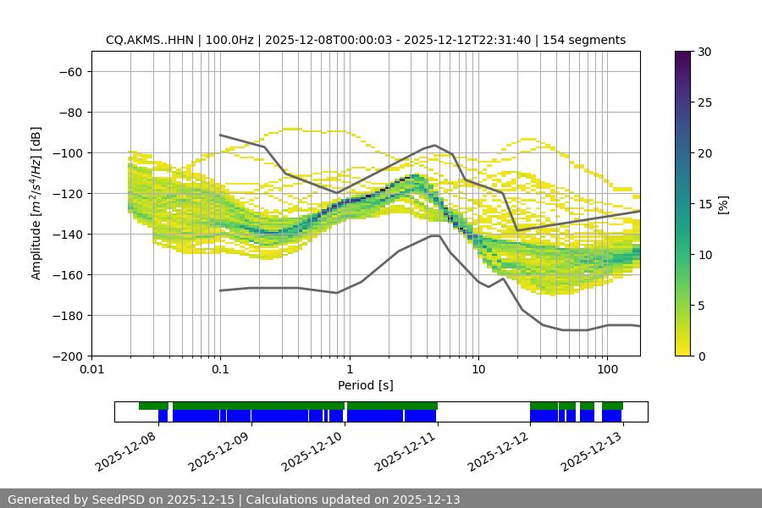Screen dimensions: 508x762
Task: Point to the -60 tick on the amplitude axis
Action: (69, 71)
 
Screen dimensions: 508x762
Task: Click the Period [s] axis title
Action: (365, 385)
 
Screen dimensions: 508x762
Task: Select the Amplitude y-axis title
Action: (36, 203)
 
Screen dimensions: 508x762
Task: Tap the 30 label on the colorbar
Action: (704, 52)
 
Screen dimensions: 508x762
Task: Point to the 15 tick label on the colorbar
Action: (704, 204)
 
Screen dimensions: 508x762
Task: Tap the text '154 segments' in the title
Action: (584, 40)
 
